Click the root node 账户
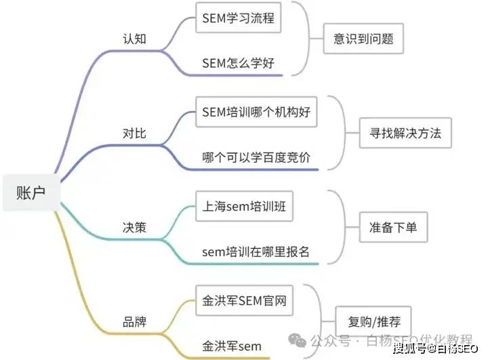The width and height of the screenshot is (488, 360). click(x=30, y=193)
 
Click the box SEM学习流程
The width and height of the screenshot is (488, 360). click(x=238, y=18)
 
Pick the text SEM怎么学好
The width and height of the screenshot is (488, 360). click(x=238, y=64)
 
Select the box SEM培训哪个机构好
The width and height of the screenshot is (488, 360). click(x=256, y=112)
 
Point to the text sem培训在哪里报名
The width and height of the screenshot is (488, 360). click(x=256, y=252)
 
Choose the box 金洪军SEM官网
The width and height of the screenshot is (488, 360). click(x=245, y=300)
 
